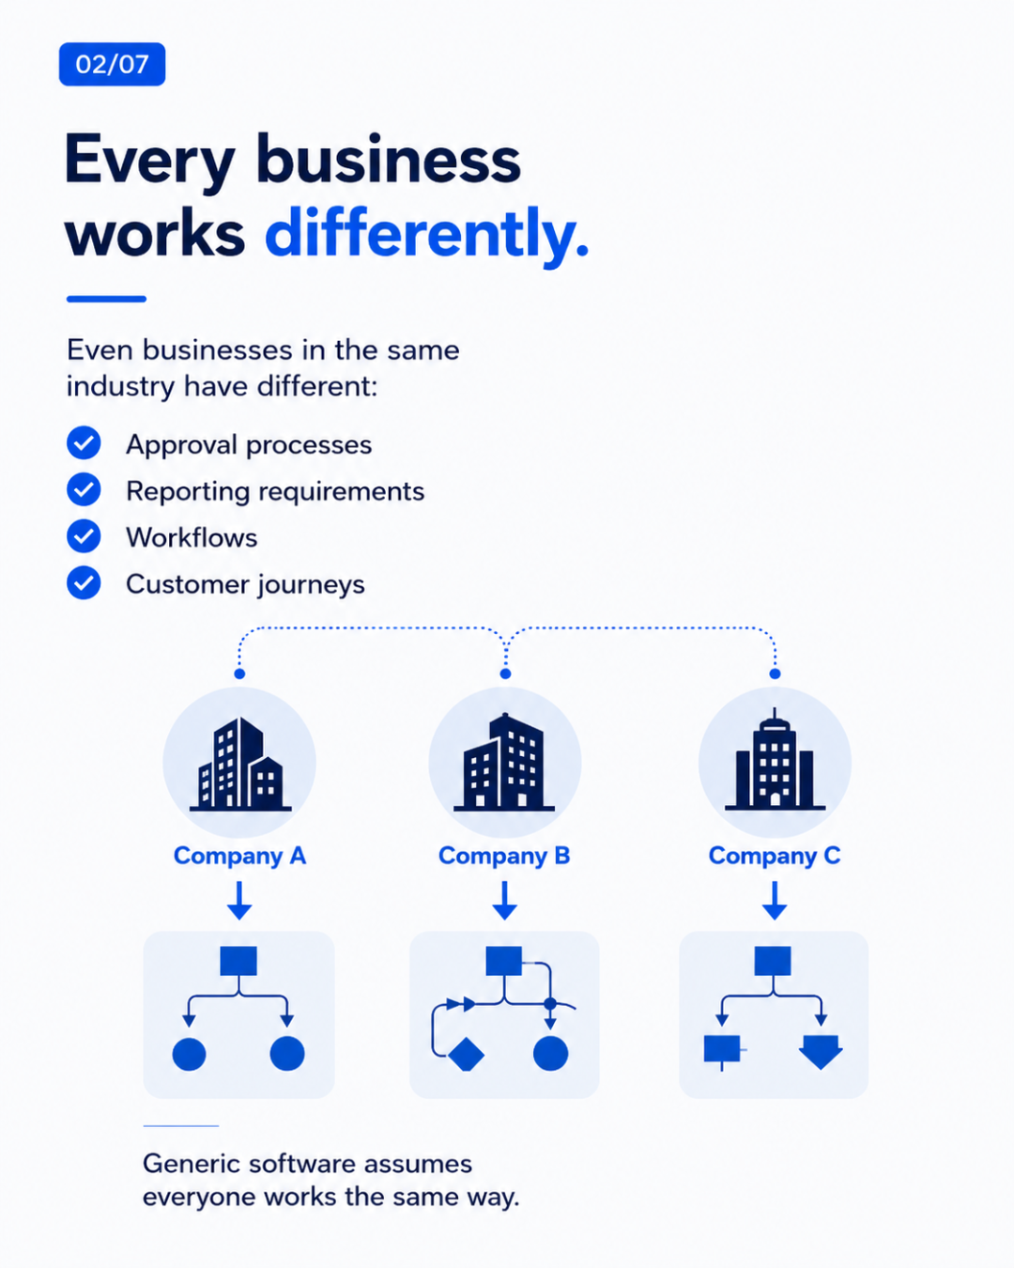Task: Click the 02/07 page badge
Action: tap(112, 64)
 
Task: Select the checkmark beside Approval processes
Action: tap(84, 443)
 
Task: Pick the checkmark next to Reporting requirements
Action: tap(84, 489)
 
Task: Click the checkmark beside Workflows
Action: tap(84, 536)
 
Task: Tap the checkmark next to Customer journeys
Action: tap(84, 582)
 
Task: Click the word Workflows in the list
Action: tap(192, 537)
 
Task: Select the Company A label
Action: tap(239, 857)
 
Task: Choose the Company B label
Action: tap(504, 857)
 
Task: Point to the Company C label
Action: tap(775, 857)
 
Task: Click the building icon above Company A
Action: tap(239, 764)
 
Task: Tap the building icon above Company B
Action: tap(504, 762)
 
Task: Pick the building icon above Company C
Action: tap(775, 760)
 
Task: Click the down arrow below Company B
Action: tap(505, 901)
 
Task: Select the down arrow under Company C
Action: tap(775, 901)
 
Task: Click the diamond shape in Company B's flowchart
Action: tap(466, 1054)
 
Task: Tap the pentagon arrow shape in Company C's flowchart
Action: tap(821, 1052)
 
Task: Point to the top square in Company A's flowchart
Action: tap(238, 961)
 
